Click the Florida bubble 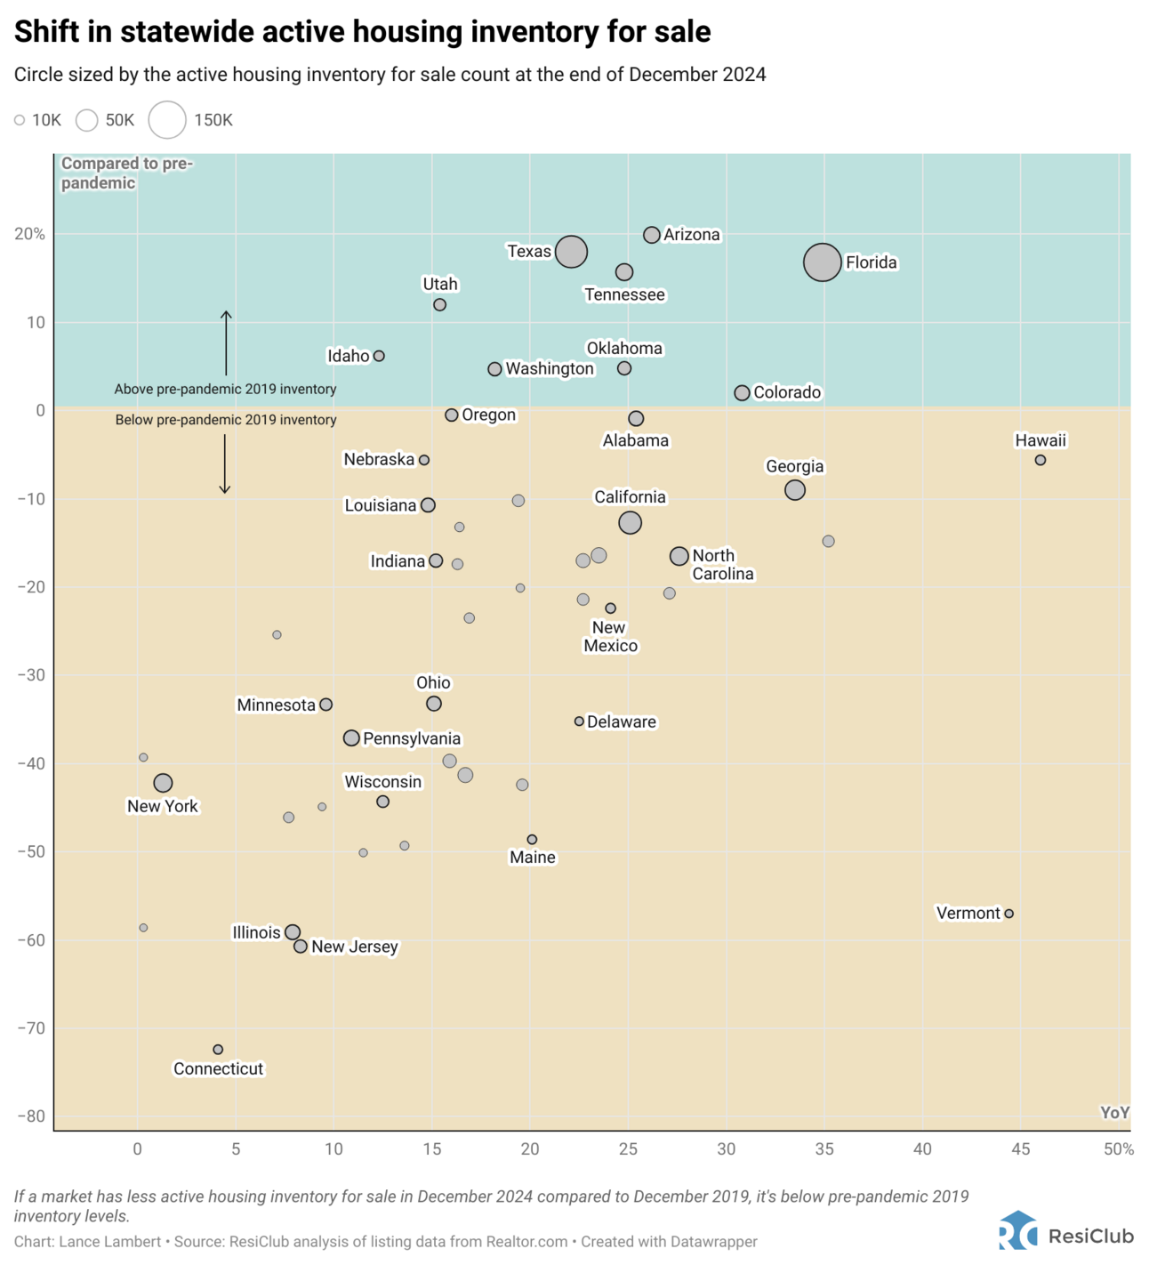(822, 262)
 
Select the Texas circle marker (571, 252)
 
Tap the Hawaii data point (1040, 460)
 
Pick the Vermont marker (1008, 914)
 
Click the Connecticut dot (218, 1050)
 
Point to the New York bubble (163, 783)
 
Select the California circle (630, 522)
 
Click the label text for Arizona (692, 235)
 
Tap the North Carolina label (722, 565)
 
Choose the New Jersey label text (354, 947)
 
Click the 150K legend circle (167, 120)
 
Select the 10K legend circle (20, 120)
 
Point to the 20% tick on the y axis (29, 234)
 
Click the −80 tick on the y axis (30, 1116)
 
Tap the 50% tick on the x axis (1118, 1149)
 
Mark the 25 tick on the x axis (628, 1149)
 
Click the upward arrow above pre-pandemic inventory (226, 342)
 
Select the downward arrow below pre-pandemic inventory (225, 463)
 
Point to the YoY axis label (1113, 1113)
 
